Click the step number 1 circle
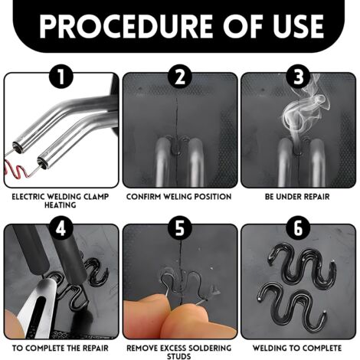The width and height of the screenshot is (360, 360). tap(61, 77)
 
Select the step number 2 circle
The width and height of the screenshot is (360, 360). tap(180, 77)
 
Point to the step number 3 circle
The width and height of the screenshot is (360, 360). tap(298, 77)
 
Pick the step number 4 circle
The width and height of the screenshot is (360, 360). tap(61, 228)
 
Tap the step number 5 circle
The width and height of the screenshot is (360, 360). tap(180, 228)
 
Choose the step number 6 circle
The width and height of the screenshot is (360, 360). tap(298, 228)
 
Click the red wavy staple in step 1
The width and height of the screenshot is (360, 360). tap(16, 171)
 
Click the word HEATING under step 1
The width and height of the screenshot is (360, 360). tap(61, 205)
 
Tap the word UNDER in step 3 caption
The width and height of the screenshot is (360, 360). tap(290, 197)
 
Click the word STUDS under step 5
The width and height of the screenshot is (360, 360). tap(179, 356)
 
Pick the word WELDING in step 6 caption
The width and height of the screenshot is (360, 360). tap(268, 348)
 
